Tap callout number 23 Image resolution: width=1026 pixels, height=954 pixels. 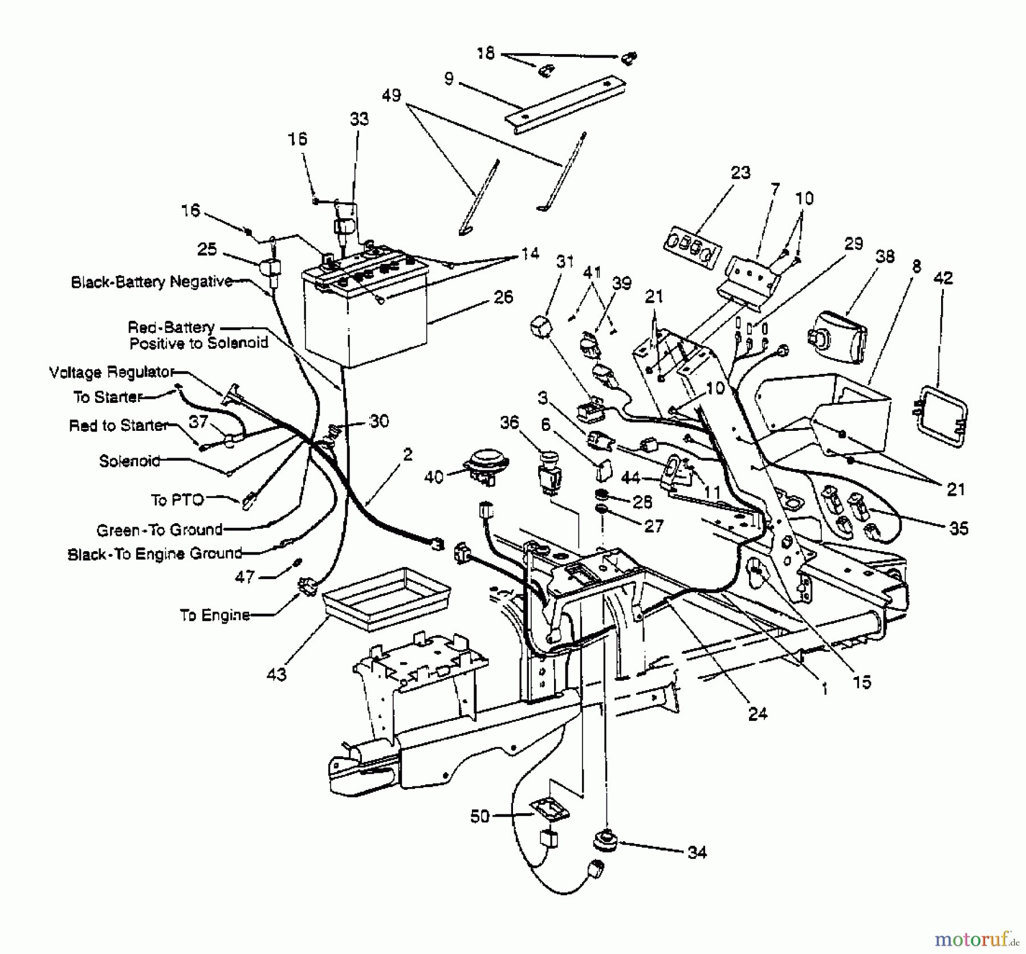pyautogui.click(x=740, y=172)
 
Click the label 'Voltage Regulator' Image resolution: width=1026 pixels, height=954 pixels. pyautogui.click(x=111, y=373)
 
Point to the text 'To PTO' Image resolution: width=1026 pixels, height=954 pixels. pyautogui.click(x=177, y=500)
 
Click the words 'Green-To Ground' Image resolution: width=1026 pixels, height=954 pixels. pyautogui.click(x=160, y=530)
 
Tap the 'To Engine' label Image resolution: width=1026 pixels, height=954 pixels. pyautogui.click(x=215, y=615)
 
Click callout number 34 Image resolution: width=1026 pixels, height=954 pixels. pyautogui.click(x=697, y=853)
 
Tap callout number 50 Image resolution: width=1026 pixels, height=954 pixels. pyautogui.click(x=480, y=816)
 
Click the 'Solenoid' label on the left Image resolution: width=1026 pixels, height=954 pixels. pyautogui.click(x=129, y=460)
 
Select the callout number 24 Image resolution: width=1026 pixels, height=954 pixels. pyautogui.click(x=758, y=713)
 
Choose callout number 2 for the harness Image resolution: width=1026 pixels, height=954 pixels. pyautogui.click(x=407, y=454)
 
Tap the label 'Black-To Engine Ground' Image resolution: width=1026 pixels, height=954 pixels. pyautogui.click(x=155, y=554)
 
